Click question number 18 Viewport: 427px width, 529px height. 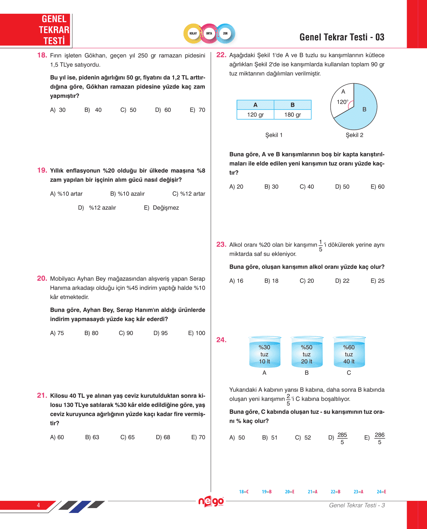point(42,55)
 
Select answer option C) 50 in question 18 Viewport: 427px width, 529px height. point(128,110)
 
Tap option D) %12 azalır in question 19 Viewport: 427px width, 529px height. point(97,208)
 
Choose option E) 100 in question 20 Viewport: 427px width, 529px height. point(197,333)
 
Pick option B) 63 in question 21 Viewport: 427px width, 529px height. point(92,437)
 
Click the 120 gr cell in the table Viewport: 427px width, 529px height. point(255,115)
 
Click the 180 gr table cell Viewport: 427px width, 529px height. point(293,115)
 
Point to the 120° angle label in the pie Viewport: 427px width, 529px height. point(342,102)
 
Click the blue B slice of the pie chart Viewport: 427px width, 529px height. point(364,111)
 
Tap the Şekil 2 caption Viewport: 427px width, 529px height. point(354,135)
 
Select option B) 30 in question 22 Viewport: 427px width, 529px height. point(271,187)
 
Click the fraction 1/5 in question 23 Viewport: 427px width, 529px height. point(320,246)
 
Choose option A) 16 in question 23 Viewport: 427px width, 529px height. point(236,281)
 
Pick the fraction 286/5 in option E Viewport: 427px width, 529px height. point(379,438)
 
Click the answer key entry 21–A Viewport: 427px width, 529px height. point(312,492)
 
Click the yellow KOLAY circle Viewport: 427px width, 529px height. point(193,33)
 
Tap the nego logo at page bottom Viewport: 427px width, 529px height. point(211,502)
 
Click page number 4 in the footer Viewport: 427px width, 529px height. point(38,505)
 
